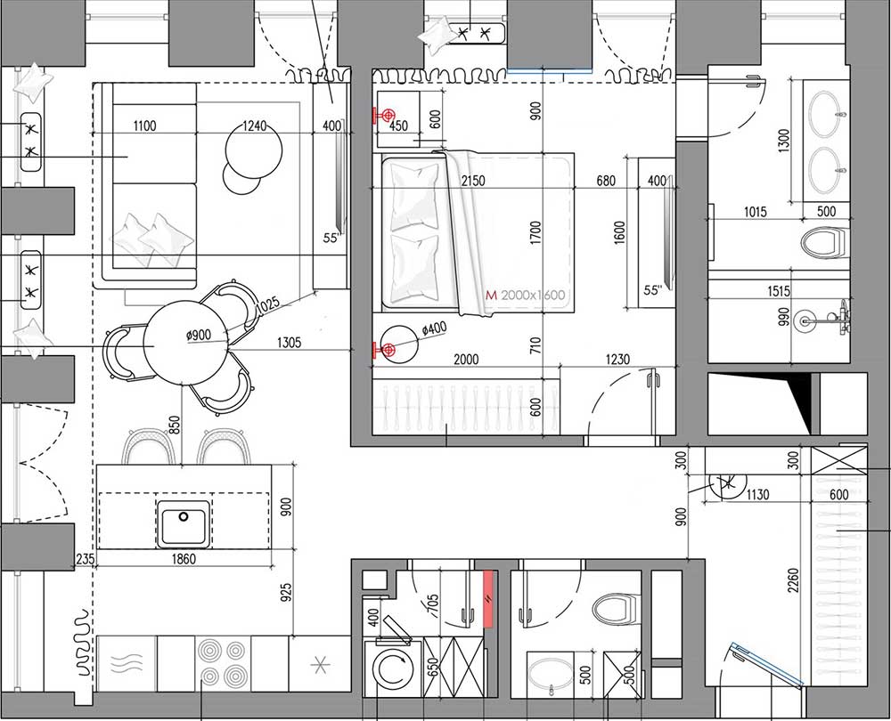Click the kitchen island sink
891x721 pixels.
[184, 524]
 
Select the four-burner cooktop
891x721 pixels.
[223, 662]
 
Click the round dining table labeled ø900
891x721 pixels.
[185, 343]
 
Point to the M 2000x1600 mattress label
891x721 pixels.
[526, 296]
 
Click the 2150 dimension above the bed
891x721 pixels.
[473, 181]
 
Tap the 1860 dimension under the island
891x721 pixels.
[184, 559]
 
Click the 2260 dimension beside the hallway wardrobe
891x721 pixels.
[793, 579]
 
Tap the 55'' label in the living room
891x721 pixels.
[331, 238]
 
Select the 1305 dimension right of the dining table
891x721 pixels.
[290, 343]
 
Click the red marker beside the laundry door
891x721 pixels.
[488, 600]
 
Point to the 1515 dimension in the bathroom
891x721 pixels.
[778, 291]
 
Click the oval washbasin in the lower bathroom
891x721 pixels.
[552, 676]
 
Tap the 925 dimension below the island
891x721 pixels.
[286, 593]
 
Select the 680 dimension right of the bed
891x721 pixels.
[606, 181]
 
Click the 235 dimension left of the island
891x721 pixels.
[85, 559]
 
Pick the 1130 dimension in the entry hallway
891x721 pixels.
[757, 495]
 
